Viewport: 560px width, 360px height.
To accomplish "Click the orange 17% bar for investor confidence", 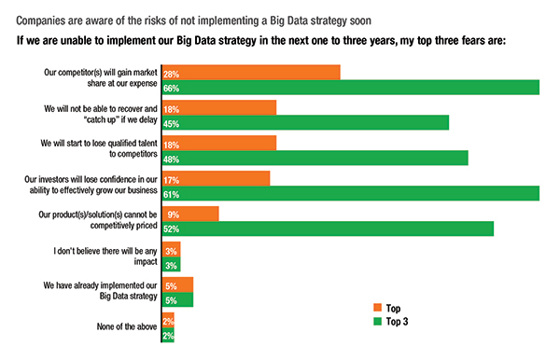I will [216, 178].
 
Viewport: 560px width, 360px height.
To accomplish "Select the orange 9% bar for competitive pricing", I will [190, 214].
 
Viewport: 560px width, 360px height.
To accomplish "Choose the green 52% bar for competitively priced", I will [328, 229].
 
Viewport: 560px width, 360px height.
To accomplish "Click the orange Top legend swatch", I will [377, 307].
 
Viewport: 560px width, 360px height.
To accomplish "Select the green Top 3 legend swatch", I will [377, 321].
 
